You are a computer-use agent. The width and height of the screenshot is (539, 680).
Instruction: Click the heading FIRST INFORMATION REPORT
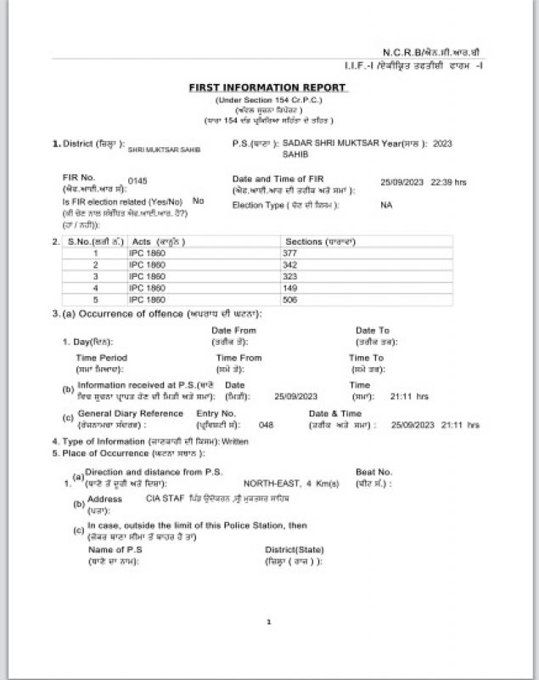(x=267, y=88)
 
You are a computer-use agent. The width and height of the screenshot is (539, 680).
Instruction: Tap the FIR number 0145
(x=137, y=181)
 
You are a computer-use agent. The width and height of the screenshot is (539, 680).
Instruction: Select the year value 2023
(x=442, y=144)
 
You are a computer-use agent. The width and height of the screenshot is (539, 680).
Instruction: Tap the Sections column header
(x=315, y=241)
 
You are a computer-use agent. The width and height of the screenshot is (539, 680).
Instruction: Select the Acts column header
(x=157, y=241)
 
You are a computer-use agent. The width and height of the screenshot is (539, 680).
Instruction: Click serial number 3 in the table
(x=96, y=277)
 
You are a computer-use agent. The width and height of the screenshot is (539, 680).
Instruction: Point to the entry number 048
(x=266, y=423)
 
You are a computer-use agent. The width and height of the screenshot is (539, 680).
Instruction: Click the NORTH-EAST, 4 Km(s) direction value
(x=291, y=483)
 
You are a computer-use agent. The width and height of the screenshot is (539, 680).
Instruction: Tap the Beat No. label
(x=373, y=471)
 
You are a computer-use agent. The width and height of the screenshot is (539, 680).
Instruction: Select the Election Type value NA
(x=386, y=205)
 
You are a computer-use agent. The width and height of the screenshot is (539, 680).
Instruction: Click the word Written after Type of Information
(x=235, y=442)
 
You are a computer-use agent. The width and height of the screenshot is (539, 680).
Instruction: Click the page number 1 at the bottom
(x=269, y=622)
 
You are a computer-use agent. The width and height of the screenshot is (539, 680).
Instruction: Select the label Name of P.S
(x=115, y=550)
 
